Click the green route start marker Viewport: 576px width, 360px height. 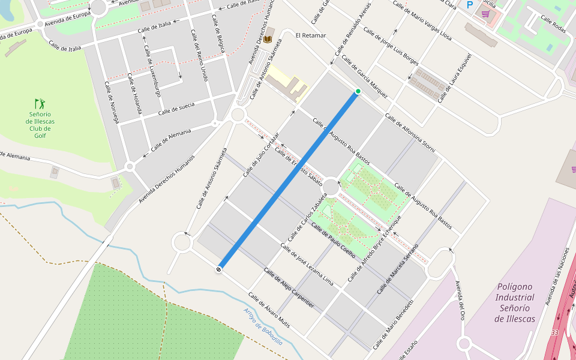click(358, 91)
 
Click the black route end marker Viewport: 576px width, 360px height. click(220, 269)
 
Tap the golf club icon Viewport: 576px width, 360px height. click(40, 104)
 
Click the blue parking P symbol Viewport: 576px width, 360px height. click(470, 5)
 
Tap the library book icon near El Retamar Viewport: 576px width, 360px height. click(268, 40)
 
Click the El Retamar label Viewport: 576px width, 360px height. click(311, 35)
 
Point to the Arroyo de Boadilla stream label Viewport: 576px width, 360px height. click(263, 326)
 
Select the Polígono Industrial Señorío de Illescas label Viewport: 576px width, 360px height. click(515, 302)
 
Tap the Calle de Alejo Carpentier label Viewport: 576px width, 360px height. click(289, 288)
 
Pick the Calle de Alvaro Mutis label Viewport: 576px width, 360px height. click(269, 310)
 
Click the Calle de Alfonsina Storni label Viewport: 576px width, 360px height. click(410, 133)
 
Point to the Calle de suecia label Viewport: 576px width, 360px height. click(176, 109)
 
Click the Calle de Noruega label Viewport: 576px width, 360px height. click(112, 103)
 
